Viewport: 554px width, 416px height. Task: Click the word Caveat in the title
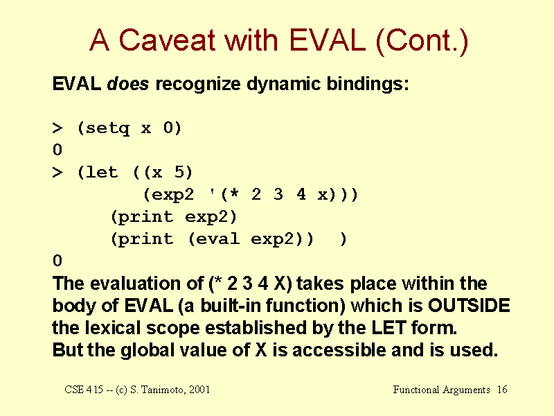tap(167, 40)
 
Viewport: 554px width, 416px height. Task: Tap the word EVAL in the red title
tap(328, 40)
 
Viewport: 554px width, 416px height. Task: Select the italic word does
tap(127, 84)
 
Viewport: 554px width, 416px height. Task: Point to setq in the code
tap(107, 128)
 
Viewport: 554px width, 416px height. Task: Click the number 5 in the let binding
tap(179, 172)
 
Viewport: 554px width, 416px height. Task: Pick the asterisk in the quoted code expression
tap(234, 194)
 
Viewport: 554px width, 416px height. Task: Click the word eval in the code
tap(217, 239)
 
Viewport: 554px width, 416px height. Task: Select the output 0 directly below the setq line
tap(57, 150)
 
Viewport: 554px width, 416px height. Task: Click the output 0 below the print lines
tap(57, 261)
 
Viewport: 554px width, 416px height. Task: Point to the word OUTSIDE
tap(469, 305)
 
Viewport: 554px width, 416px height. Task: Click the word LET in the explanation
tap(388, 327)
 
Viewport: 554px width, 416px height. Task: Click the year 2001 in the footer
tap(199, 390)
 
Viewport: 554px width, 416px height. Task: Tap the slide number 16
tap(502, 390)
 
